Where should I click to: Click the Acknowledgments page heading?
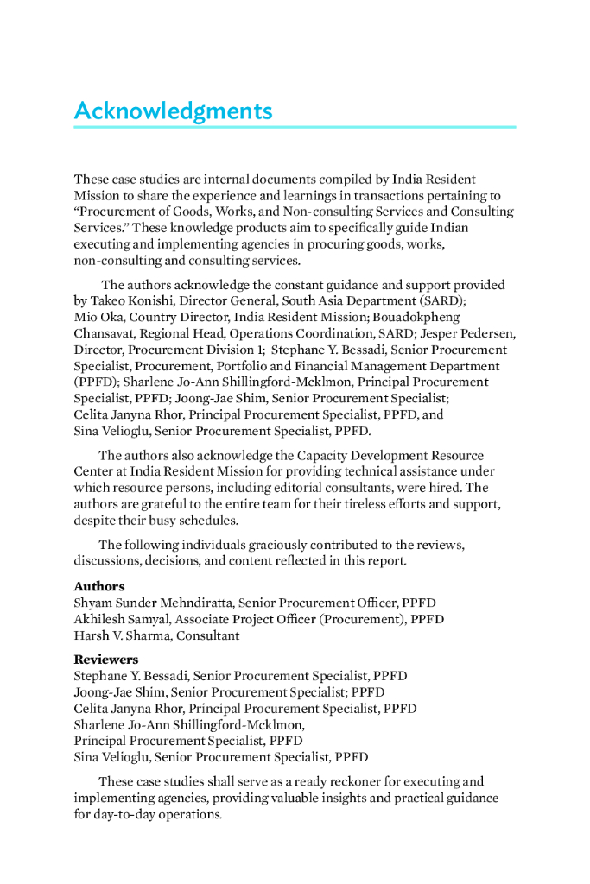tap(173, 111)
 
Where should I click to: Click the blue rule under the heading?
tap(294, 127)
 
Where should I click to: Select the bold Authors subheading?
tap(98, 586)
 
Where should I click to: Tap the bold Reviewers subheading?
tap(105, 660)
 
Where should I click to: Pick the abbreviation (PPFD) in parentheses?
tap(97, 382)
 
